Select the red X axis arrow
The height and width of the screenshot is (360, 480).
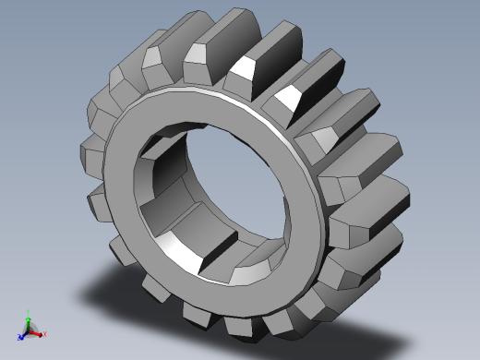37,332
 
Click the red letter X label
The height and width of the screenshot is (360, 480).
44,334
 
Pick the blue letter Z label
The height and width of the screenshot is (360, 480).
19,338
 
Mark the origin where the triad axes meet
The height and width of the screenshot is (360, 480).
30,330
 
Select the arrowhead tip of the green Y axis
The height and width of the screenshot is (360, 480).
29,319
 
